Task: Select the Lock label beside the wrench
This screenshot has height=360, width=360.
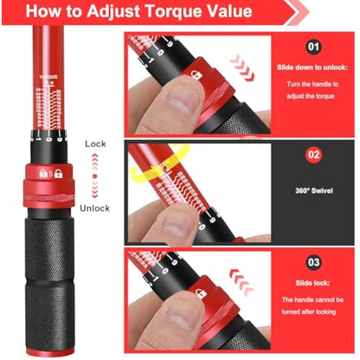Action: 96,144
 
